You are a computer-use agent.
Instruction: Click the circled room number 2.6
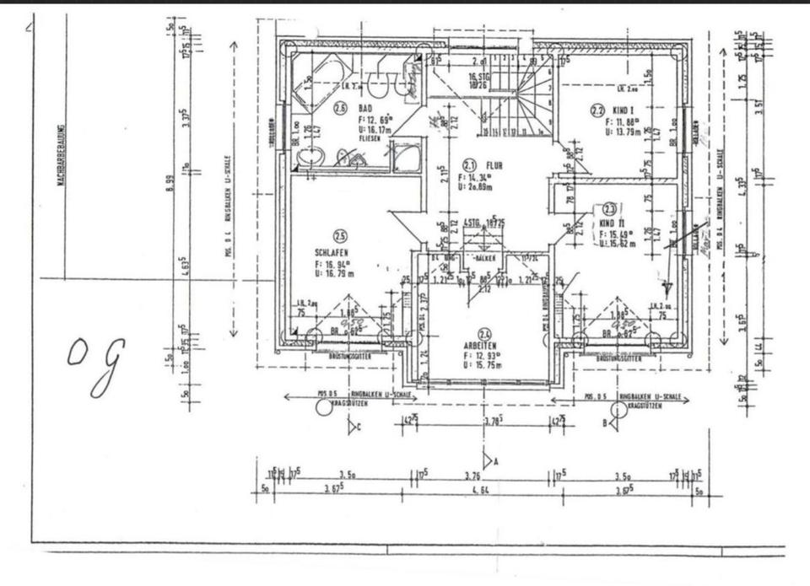pyautogui.click(x=341, y=108)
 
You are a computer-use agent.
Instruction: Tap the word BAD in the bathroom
pyautogui.click(x=365, y=109)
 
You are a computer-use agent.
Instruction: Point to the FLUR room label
pyautogui.click(x=494, y=165)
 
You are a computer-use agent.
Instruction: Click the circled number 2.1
pyautogui.click(x=470, y=165)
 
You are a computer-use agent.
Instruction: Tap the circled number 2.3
pyautogui.click(x=609, y=208)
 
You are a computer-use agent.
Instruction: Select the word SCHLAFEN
pyautogui.click(x=332, y=251)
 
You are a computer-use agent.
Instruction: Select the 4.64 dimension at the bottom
pyautogui.click(x=481, y=489)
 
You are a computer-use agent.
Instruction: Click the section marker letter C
pyautogui.click(x=359, y=427)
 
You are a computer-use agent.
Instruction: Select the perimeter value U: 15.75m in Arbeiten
pyautogui.click(x=488, y=365)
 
